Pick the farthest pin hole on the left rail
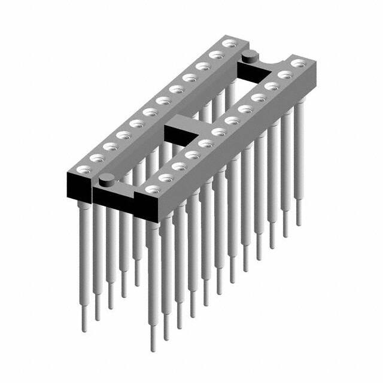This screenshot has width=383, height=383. click(x=229, y=43)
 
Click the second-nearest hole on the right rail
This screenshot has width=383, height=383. click(x=163, y=178)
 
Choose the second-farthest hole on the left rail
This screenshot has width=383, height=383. click(x=215, y=54)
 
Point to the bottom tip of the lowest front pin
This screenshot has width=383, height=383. click(x=154, y=347)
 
